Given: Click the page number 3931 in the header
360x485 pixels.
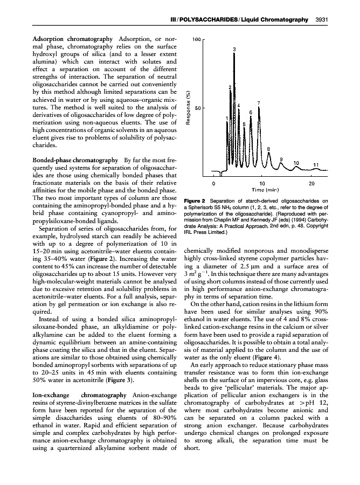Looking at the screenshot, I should (322, 20).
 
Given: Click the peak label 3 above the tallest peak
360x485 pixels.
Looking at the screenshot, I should (234, 50).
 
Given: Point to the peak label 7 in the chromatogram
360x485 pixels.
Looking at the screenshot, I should (259, 102).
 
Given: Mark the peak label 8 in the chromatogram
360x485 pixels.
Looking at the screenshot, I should (269, 149).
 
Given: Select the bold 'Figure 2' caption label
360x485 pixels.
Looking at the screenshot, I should (196, 201).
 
